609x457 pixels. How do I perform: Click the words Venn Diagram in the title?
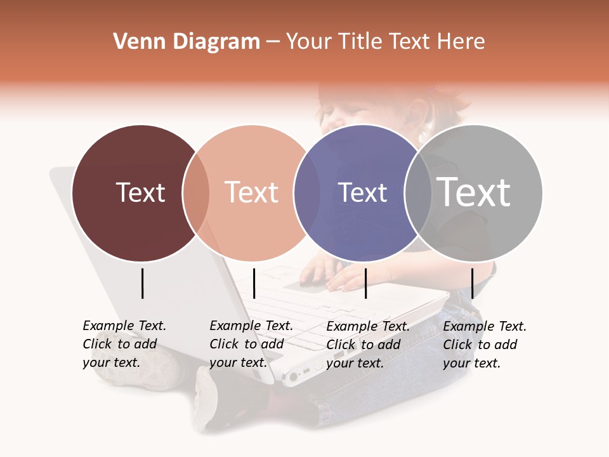(x=187, y=42)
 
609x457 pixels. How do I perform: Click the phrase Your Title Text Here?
(x=385, y=42)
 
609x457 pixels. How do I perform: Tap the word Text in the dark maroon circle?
(x=140, y=192)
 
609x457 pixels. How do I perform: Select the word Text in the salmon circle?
(x=252, y=192)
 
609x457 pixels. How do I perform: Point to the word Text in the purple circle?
(x=362, y=192)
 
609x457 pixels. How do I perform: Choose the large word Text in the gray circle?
(x=474, y=192)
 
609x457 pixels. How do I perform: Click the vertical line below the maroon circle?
(x=142, y=283)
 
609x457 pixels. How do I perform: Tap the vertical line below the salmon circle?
(x=254, y=283)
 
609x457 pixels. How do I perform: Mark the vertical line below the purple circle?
(x=365, y=283)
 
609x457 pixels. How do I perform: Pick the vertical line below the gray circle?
(x=472, y=283)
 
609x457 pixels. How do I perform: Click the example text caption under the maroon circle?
(x=124, y=344)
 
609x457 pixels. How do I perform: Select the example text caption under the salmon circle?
(x=251, y=344)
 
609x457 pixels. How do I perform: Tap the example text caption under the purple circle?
(x=367, y=345)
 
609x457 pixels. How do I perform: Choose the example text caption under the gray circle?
(x=484, y=345)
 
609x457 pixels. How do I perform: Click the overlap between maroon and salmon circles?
(x=196, y=193)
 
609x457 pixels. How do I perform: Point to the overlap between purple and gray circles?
(x=418, y=193)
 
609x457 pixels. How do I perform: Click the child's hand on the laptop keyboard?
(x=346, y=279)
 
